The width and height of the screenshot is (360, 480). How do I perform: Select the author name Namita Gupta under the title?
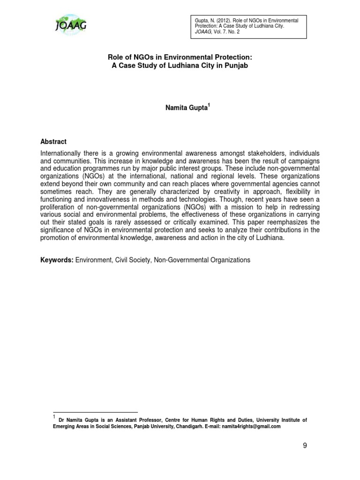(x=179, y=108)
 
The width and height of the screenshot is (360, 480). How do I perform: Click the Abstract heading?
(x=53, y=142)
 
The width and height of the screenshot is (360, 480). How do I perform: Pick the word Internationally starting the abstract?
(x=62, y=154)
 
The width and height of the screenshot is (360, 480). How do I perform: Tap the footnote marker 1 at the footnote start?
(x=54, y=417)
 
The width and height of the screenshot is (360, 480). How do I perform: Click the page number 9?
(x=305, y=445)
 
